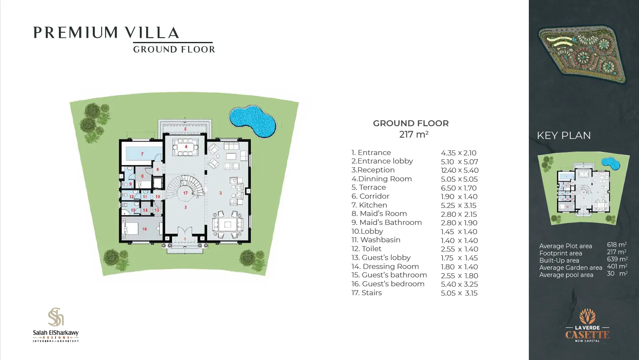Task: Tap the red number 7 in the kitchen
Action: pyautogui.click(x=142, y=154)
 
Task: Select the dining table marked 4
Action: pyautogui.click(x=186, y=147)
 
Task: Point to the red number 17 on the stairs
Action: pyautogui.click(x=185, y=193)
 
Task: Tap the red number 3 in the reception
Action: pyautogui.click(x=220, y=193)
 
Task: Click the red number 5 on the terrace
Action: pyautogui.click(x=185, y=129)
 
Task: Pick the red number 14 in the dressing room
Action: pyautogui.click(x=145, y=210)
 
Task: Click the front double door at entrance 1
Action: pyautogui.click(x=185, y=234)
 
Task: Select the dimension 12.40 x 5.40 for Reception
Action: pyautogui.click(x=459, y=170)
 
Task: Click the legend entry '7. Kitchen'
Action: pyautogui.click(x=369, y=205)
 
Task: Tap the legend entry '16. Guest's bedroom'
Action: pyautogui.click(x=388, y=284)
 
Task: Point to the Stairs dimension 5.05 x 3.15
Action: pyautogui.click(x=459, y=293)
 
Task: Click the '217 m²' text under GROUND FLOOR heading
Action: pyautogui.click(x=414, y=135)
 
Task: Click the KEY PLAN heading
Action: pyautogui.click(x=564, y=136)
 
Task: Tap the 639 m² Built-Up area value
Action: pyautogui.click(x=617, y=259)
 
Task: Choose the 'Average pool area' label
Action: pyautogui.click(x=566, y=275)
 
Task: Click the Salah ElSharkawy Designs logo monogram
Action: pyautogui.click(x=56, y=317)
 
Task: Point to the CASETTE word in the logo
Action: pyautogui.click(x=587, y=335)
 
